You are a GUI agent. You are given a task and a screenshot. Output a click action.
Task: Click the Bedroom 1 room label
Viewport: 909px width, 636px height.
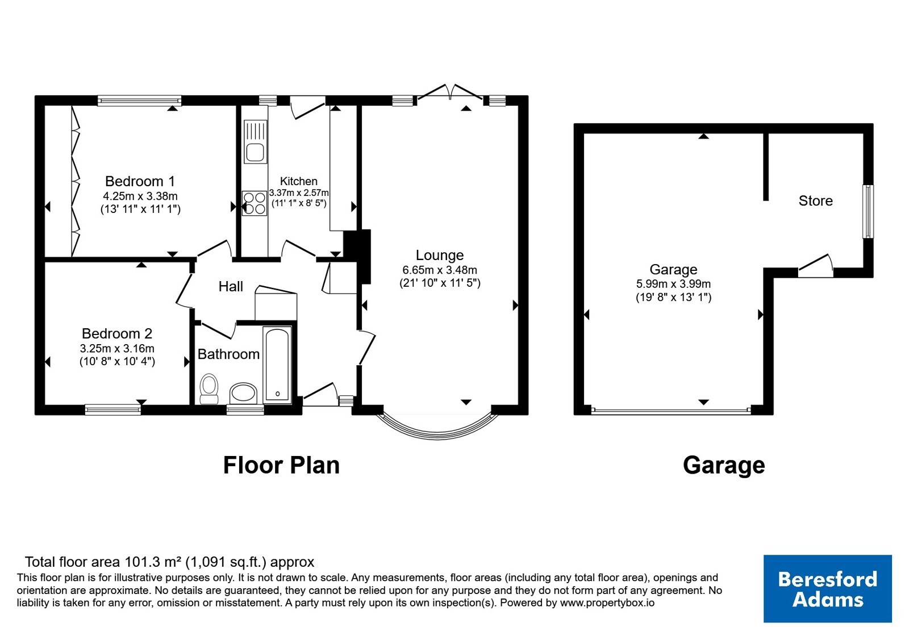140,181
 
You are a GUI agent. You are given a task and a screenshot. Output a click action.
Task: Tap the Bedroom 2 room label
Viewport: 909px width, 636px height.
117,333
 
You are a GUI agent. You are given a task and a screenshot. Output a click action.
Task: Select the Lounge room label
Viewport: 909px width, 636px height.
440,255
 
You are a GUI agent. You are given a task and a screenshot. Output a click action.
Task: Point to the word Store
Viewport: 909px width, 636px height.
816,201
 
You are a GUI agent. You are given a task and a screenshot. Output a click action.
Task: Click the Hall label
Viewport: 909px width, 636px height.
231,286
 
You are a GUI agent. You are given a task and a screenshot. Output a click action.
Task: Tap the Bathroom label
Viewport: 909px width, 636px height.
228,354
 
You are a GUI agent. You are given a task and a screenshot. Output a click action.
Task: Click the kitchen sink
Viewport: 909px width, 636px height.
256,141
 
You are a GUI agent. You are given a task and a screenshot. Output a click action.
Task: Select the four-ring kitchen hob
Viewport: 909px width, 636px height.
255,203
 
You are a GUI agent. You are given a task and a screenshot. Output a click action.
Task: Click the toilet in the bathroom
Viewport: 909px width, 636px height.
209,388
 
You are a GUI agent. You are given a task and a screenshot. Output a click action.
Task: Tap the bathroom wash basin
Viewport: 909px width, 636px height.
244,393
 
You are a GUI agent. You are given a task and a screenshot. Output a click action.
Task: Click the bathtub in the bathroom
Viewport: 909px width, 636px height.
277,365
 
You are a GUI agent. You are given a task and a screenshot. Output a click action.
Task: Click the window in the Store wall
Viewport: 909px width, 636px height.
868,211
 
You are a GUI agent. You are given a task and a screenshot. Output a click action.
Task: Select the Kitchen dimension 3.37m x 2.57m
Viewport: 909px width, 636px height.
299,193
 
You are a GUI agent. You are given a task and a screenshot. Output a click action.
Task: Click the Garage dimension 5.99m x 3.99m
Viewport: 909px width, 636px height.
673,284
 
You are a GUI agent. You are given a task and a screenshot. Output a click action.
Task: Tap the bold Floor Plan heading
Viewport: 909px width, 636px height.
281,465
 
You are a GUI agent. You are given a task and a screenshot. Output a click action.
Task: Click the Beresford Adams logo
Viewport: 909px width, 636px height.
827,588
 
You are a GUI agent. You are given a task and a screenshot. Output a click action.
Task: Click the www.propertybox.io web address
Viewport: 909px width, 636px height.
607,602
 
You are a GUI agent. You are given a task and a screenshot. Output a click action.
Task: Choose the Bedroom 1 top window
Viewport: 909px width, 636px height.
139,101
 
